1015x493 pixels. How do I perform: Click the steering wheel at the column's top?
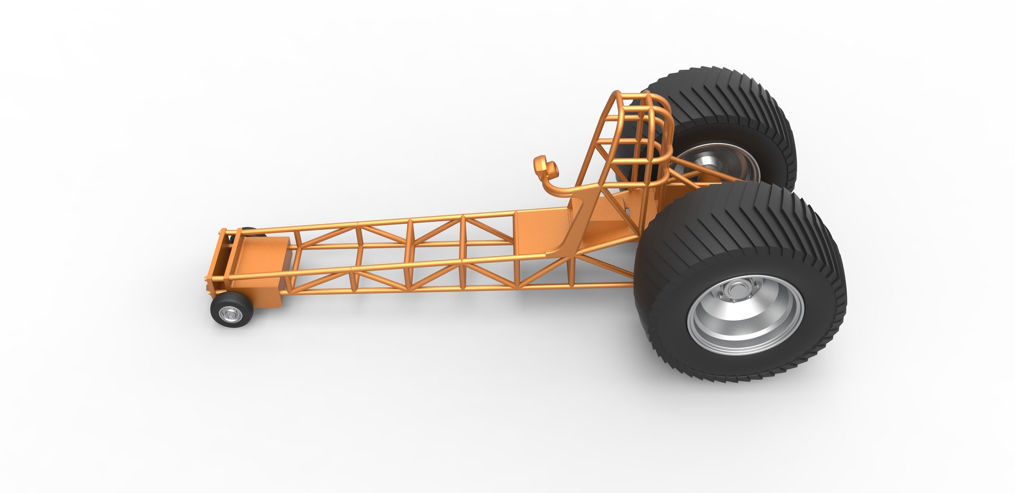[546, 167]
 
